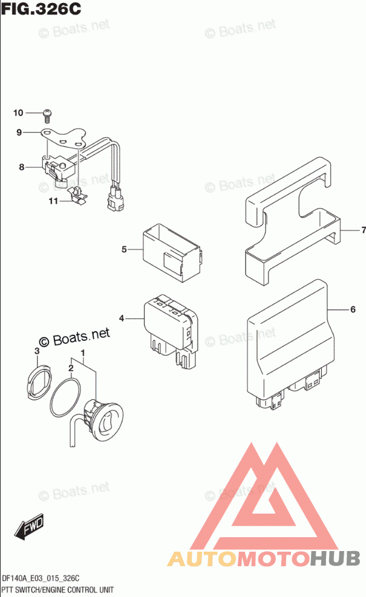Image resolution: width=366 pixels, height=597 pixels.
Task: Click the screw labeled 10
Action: [x=48, y=113]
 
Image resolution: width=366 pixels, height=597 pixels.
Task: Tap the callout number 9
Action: [x=19, y=132]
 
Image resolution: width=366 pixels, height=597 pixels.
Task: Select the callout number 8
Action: [x=21, y=167]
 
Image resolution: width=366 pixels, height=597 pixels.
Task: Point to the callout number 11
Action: [x=53, y=201]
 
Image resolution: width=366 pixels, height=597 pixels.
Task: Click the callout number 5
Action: [x=123, y=249]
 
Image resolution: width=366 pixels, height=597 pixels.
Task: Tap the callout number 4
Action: [x=122, y=318]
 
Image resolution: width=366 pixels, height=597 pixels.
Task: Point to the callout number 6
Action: [x=352, y=310]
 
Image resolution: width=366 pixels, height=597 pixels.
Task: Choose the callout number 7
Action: [x=364, y=230]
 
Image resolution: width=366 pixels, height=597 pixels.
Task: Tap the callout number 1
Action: [x=83, y=353]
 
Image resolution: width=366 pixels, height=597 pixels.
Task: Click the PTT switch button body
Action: [x=106, y=418]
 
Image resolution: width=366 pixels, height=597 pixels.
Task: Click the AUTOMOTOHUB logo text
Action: [x=264, y=558]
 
